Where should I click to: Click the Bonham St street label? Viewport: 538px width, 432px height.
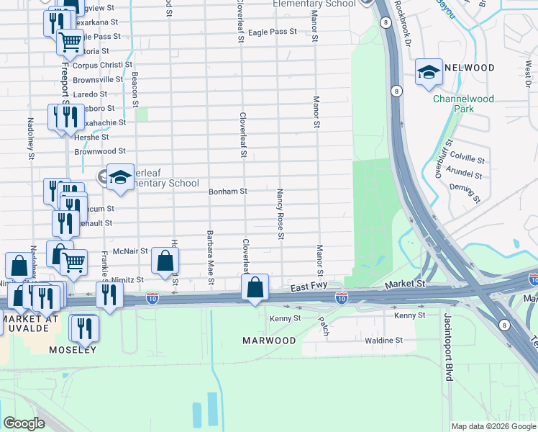coord(228,192)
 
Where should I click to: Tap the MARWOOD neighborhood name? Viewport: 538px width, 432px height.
coord(268,340)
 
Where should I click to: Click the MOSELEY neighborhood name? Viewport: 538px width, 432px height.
coord(72,350)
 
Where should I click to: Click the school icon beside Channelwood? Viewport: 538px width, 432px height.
coord(429,72)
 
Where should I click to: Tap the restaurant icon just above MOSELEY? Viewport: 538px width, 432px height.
coord(83,328)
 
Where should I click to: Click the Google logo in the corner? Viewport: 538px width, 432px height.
coord(24,423)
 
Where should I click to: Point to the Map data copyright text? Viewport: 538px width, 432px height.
coord(493,426)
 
